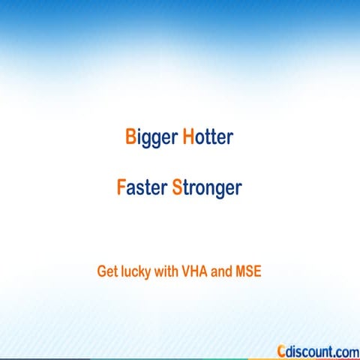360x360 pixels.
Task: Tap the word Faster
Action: click(x=141, y=187)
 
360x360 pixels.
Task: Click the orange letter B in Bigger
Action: click(x=130, y=138)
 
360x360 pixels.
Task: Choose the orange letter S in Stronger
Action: click(x=177, y=186)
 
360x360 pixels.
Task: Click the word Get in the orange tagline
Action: click(x=107, y=271)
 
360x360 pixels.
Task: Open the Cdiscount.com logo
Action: click(x=317, y=350)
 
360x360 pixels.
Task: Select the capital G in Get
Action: click(x=102, y=271)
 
